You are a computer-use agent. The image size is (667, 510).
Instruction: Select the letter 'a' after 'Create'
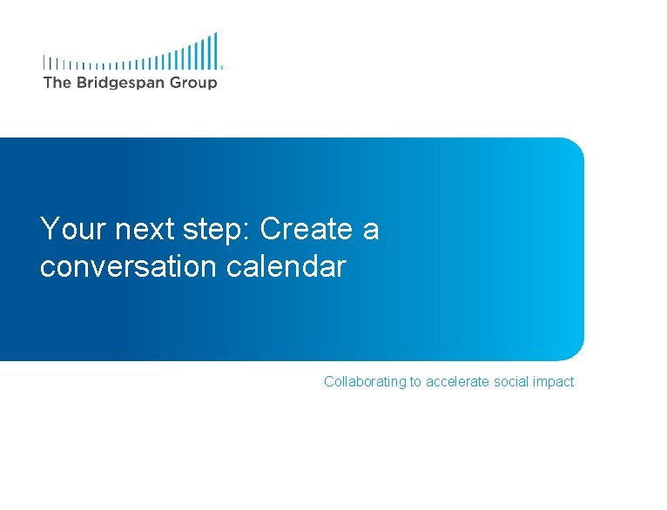[371, 232]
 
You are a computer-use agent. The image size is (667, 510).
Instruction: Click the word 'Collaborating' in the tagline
[365, 382]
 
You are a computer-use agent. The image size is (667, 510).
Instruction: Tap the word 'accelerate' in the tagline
[459, 382]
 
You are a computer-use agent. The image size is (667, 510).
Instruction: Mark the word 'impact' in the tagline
[555, 382]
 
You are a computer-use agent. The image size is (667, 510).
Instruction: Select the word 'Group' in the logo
[193, 83]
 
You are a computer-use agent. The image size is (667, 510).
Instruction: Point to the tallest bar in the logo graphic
[215, 50]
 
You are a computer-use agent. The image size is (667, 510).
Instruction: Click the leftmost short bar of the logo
[45, 63]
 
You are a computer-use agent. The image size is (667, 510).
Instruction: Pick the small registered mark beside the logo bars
[222, 66]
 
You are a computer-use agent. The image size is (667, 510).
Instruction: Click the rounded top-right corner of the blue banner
[575, 146]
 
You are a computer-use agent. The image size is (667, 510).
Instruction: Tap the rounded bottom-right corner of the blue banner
[575, 352]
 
